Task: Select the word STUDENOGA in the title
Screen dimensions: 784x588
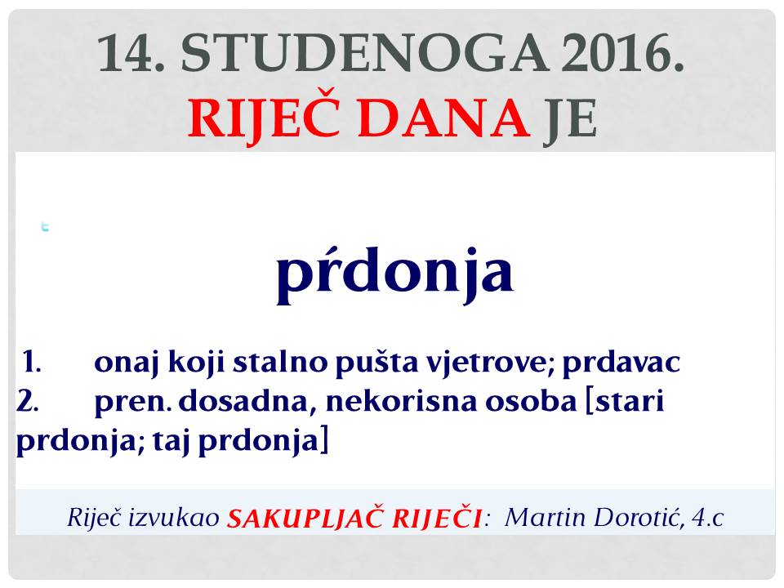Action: [x=364, y=52]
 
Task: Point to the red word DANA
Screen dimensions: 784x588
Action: [x=444, y=118]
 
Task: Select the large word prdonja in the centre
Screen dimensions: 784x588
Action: [x=395, y=273]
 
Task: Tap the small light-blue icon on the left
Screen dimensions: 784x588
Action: [x=45, y=227]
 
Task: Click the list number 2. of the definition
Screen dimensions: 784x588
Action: [x=28, y=401]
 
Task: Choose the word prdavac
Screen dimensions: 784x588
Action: [x=621, y=363]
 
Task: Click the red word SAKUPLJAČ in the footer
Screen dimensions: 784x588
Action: [x=305, y=518]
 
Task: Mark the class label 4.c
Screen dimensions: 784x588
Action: [x=708, y=518]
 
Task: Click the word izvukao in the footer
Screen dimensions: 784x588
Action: [x=174, y=518]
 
